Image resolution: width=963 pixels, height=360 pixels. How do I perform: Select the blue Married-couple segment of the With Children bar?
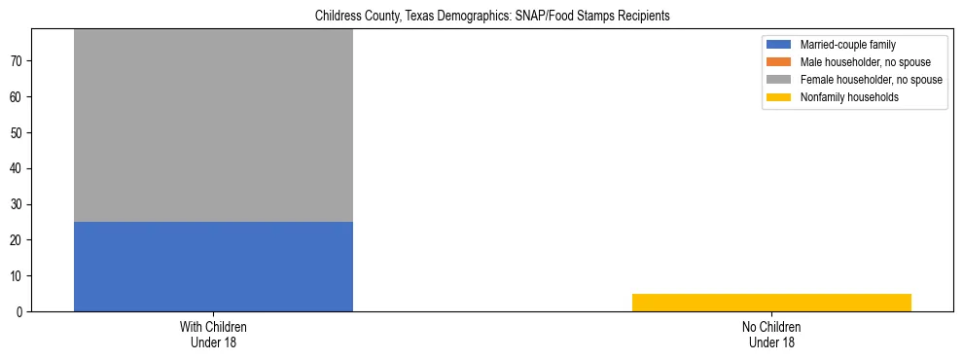(213, 266)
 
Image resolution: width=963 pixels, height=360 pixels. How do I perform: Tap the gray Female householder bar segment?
(213, 126)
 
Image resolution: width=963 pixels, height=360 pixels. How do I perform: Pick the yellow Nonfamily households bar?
(771, 302)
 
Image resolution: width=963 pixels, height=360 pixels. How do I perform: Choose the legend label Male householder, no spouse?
(855, 62)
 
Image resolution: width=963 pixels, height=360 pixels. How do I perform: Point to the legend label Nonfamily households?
(843, 97)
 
